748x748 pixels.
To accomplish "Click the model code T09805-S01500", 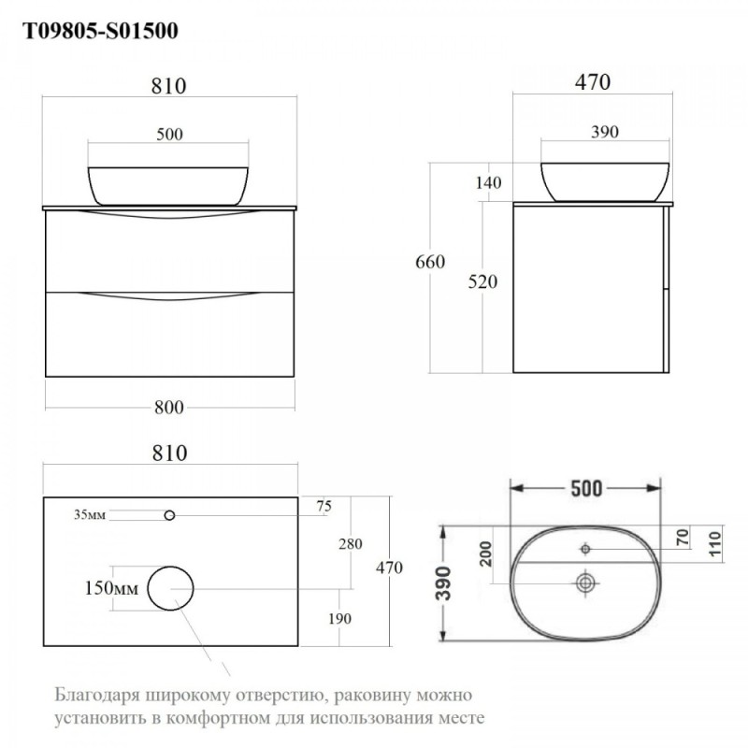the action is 101,32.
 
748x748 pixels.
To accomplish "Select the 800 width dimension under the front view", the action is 169,408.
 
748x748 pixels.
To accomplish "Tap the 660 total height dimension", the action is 430,262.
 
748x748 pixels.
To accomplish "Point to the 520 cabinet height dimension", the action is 482,282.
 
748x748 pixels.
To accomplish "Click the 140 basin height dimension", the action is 488,182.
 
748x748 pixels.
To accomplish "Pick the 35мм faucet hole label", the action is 90,515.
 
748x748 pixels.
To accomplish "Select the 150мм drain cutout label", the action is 111,588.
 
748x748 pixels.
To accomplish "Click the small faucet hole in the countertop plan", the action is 169,515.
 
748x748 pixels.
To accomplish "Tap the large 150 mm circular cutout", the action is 170,567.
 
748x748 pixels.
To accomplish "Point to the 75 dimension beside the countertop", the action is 324,506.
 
